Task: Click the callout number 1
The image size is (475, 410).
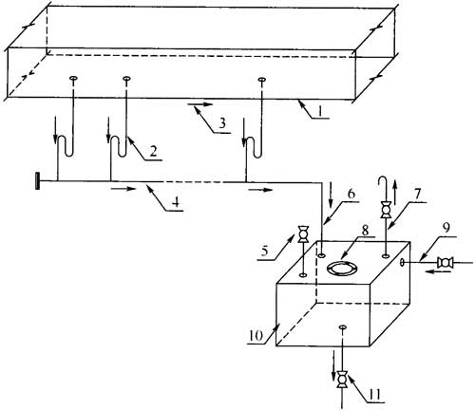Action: click(x=320, y=111)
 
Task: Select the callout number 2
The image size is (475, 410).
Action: click(x=153, y=151)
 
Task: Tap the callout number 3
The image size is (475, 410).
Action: click(x=222, y=123)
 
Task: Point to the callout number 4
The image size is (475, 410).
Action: click(x=177, y=201)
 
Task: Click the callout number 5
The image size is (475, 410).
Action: click(x=265, y=251)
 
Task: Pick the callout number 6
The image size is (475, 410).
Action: click(x=351, y=194)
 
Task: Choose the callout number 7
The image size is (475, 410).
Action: click(x=417, y=194)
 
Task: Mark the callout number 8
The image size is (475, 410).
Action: click(x=365, y=231)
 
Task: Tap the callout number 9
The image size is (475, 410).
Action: click(x=446, y=228)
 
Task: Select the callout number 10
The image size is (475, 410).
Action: click(x=256, y=336)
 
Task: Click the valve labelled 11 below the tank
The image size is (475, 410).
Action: click(x=342, y=379)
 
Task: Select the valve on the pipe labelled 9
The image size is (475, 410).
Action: click(x=445, y=263)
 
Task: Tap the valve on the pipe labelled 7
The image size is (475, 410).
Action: click(x=386, y=211)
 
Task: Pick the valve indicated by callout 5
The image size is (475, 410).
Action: click(x=303, y=234)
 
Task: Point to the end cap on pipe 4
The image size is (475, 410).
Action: click(x=38, y=180)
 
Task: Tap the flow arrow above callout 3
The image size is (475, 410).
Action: click(x=200, y=104)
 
